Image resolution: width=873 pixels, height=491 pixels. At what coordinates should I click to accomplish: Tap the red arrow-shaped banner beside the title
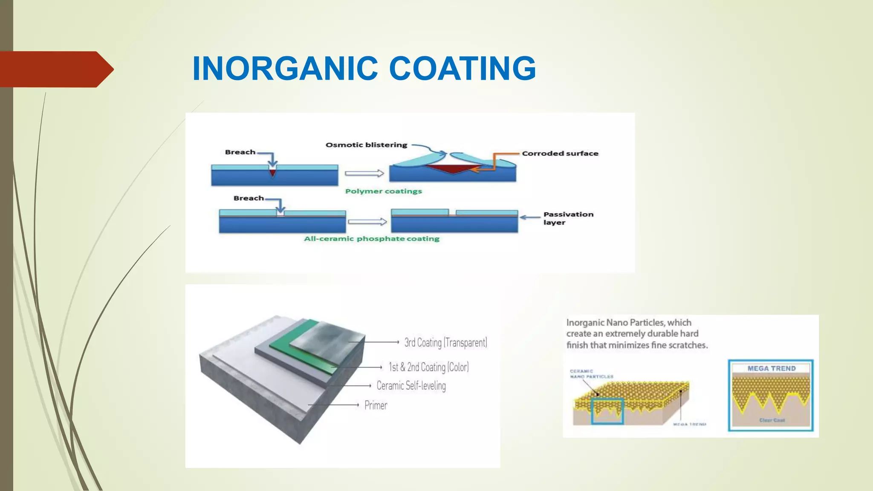55,69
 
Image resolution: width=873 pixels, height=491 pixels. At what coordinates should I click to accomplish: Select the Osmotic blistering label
366,145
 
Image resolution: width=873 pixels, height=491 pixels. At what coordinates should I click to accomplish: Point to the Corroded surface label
560,153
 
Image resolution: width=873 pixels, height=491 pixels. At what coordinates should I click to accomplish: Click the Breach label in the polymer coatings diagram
240,152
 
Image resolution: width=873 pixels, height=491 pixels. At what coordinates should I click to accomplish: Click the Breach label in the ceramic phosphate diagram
249,198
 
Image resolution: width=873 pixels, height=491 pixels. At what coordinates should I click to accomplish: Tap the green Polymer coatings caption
383,191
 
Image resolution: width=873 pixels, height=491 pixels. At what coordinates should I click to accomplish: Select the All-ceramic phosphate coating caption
371,239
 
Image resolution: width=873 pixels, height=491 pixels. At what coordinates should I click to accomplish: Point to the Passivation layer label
567,218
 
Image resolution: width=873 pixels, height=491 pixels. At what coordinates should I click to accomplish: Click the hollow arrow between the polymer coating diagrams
364,173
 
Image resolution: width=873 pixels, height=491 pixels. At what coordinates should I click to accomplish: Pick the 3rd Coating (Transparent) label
445,343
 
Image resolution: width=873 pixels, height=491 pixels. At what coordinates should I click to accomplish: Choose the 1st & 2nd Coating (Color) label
428,367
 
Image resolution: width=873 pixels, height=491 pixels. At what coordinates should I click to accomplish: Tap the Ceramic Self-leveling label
411,386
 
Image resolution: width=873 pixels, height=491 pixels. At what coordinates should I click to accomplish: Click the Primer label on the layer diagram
376,405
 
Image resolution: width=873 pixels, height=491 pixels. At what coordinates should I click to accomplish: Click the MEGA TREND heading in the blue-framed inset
771,368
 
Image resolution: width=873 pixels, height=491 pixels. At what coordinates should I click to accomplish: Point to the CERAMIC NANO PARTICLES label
591,374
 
